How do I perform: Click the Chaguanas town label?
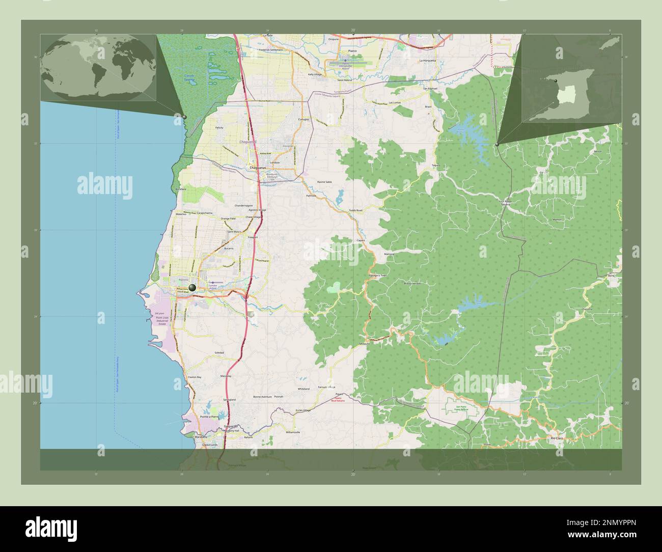tap(257, 168)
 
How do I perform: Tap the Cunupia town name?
tap(304, 120)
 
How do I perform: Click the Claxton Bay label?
tap(195, 377)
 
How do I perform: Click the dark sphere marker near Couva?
tap(192, 288)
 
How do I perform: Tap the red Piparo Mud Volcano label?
tap(338, 400)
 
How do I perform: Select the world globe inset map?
tap(99, 67)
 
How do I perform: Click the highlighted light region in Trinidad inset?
tap(565, 95)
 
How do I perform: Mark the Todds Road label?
tap(355, 210)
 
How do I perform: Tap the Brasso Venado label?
tap(412, 283)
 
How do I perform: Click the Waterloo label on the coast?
tap(181, 215)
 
